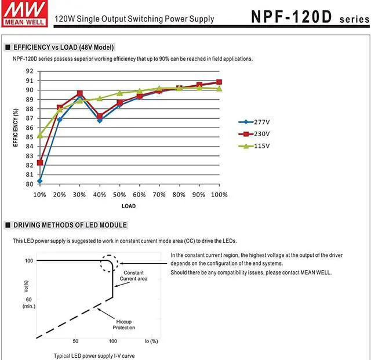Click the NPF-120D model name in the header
[x=292, y=16]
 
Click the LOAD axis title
[x=129, y=206]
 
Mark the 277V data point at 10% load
[x=39, y=181]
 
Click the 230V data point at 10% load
[x=39, y=162]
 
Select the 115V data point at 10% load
[x=39, y=136]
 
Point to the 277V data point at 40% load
[x=100, y=120]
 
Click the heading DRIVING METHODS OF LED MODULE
[x=70, y=225]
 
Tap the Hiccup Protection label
[x=123, y=324]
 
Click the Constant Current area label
[x=134, y=276]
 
